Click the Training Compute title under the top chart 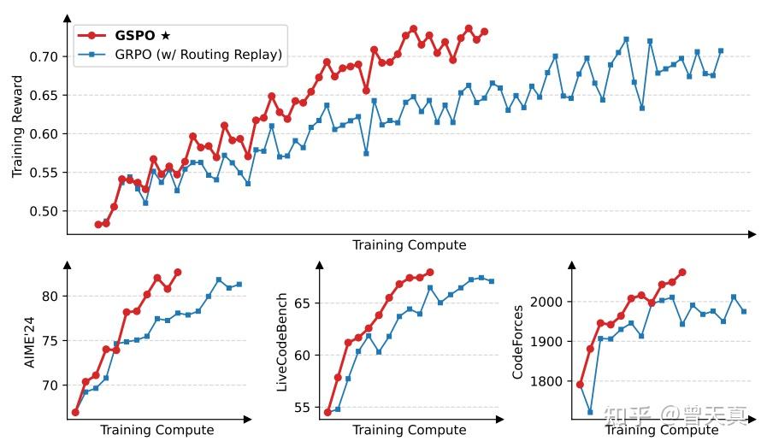click(409, 245)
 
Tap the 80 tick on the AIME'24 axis click(52, 297)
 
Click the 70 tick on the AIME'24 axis click(52, 385)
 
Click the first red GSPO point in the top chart click(97, 225)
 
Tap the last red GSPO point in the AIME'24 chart click(178, 273)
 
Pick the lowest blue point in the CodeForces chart click(590, 412)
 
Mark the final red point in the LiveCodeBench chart click(429, 273)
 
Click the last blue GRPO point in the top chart click(721, 50)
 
